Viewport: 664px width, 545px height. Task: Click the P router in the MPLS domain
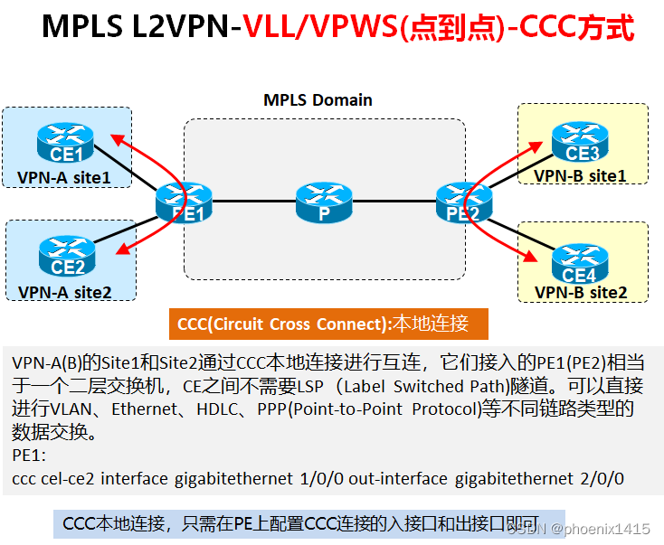click(323, 201)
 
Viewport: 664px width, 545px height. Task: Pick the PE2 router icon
click(462, 201)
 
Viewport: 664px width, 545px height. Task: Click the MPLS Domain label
click(318, 99)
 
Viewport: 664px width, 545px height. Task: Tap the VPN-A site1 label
click(64, 178)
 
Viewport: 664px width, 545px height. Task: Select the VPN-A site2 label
click(65, 292)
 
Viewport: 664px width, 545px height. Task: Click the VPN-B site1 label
click(580, 175)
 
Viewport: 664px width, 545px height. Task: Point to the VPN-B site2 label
click(580, 293)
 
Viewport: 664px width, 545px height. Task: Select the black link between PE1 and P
click(252, 202)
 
